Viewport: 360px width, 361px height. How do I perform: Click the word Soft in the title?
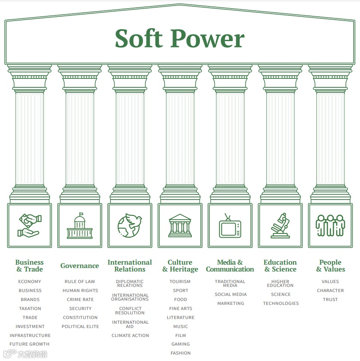tap(140, 39)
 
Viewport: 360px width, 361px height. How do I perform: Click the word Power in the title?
tap(208, 39)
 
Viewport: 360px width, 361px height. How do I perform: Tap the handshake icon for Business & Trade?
tap(29, 225)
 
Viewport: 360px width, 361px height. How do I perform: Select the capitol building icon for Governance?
tap(80, 225)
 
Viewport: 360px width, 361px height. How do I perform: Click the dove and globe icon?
tap(130, 225)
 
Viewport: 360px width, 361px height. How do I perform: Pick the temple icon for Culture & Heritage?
tap(180, 225)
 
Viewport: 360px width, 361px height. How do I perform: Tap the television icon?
tap(230, 225)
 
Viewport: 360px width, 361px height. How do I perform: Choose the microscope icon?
tap(280, 225)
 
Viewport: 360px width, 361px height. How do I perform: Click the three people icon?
tap(330, 225)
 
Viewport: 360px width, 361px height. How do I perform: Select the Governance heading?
tap(80, 266)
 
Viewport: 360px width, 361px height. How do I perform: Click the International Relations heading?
tap(130, 266)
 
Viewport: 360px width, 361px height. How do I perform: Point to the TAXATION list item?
tap(30, 309)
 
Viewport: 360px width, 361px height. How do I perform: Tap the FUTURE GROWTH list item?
tap(30, 344)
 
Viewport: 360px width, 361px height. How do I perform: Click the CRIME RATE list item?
tap(80, 300)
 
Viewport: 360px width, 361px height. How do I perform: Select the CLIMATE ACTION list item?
tap(130, 336)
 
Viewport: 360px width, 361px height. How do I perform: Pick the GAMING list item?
tap(181, 344)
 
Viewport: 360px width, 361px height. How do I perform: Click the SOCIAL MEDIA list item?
tap(231, 295)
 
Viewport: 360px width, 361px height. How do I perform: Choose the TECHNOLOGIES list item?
tap(281, 304)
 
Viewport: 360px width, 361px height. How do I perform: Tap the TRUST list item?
tap(330, 300)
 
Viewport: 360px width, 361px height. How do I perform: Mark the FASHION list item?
tap(181, 353)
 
